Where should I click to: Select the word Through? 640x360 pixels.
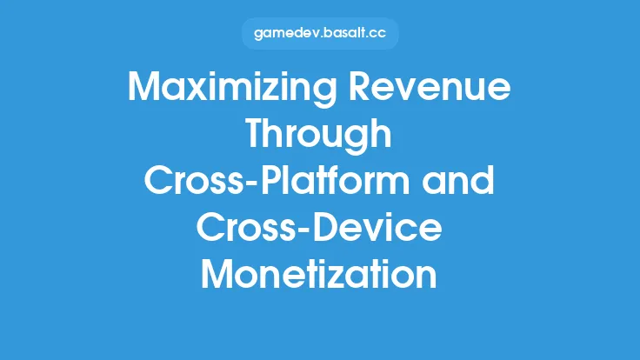coord(319,136)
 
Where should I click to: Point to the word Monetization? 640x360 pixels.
coord(319,275)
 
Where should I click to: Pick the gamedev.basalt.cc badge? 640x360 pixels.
coord(319,34)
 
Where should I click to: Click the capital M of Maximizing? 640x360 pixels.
coord(144,90)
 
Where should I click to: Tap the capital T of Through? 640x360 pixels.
coord(257,136)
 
